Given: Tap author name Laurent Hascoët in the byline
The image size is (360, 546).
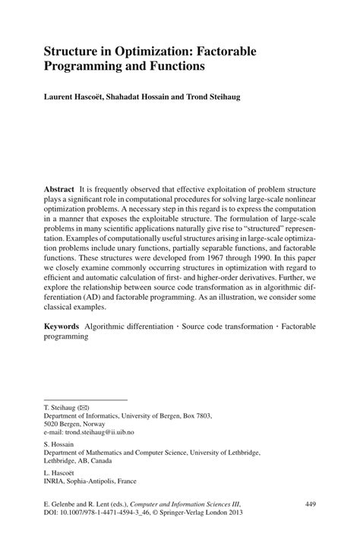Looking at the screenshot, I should point(78,98).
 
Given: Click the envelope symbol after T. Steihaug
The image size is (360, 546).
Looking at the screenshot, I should point(83,408).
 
